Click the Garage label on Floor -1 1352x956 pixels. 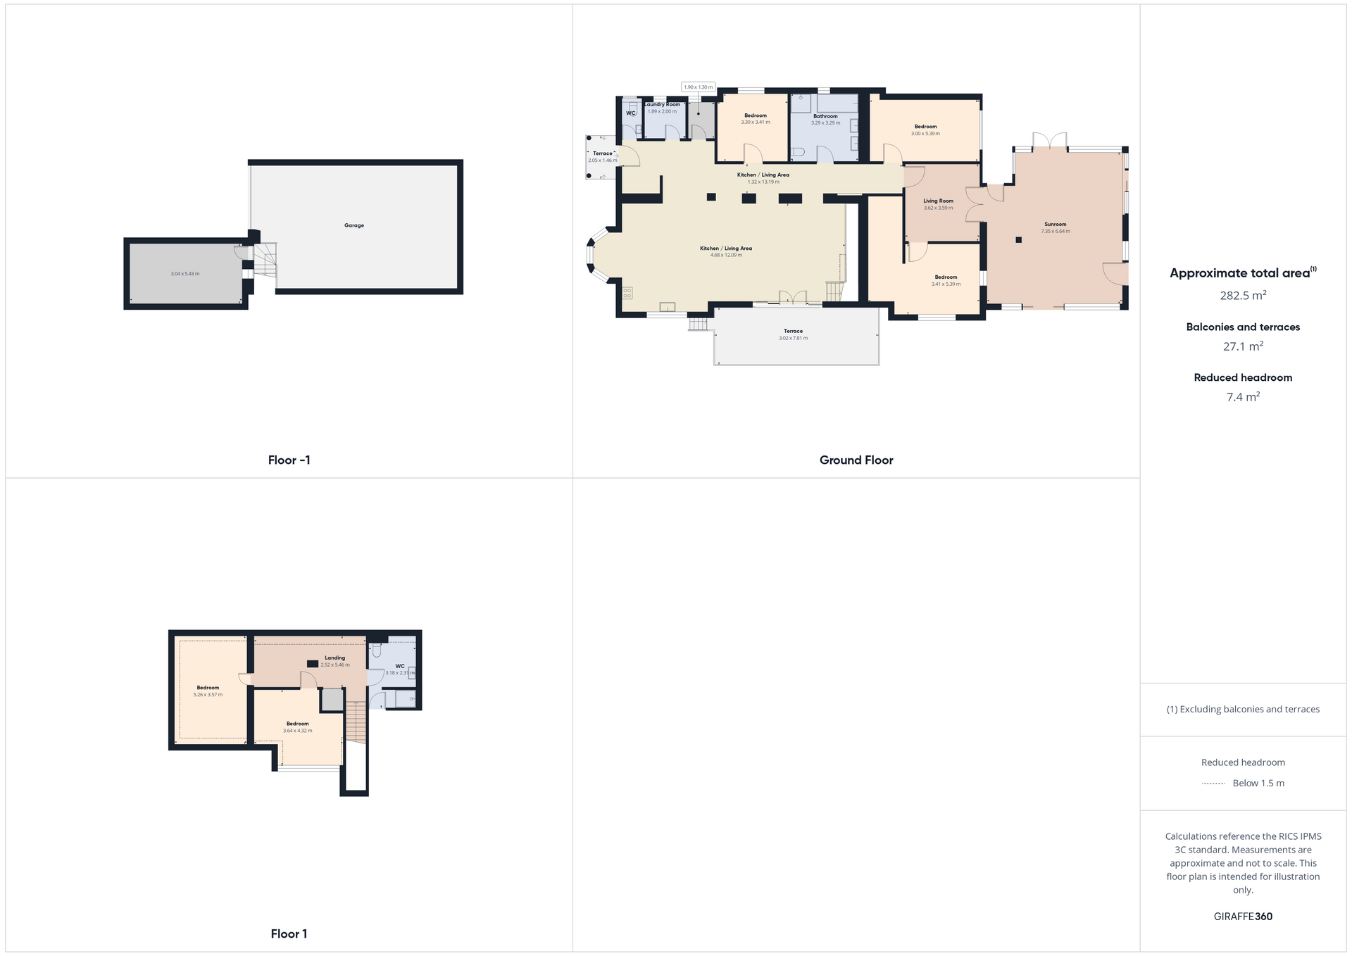coord(354,225)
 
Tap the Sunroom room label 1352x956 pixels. coord(1055,225)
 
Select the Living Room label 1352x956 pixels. coord(938,201)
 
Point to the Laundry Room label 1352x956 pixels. coord(663,104)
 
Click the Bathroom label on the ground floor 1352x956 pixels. coord(825,116)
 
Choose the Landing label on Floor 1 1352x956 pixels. coord(334,658)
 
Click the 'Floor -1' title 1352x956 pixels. coord(289,460)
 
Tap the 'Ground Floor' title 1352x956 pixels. coord(856,460)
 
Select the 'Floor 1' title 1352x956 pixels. coord(289,933)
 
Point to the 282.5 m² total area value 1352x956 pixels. coord(1243,296)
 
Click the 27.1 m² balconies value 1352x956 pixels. coord(1243,346)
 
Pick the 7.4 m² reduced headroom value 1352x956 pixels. coord(1243,397)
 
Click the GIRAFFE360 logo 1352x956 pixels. coord(1243,917)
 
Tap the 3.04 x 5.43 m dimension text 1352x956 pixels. coord(185,274)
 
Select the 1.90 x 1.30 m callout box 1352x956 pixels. coord(698,87)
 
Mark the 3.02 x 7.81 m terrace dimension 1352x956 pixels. coord(793,338)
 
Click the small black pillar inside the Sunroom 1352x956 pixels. coord(1018,240)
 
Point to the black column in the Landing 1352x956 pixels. coord(313,664)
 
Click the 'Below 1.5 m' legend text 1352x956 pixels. coord(1258,783)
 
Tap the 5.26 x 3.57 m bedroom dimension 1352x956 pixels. coord(208,695)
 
